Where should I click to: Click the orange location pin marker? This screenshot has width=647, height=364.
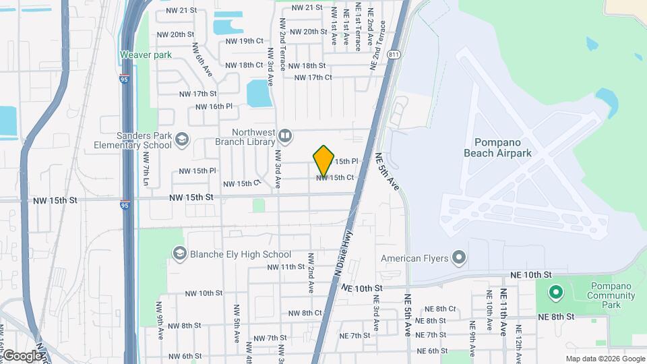pyautogui.click(x=324, y=160)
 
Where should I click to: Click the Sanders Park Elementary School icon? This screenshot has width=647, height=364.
pyautogui.click(x=181, y=140)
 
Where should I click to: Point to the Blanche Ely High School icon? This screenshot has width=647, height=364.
pyautogui.click(x=179, y=254)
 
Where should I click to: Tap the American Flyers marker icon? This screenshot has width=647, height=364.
pyautogui.click(x=459, y=257)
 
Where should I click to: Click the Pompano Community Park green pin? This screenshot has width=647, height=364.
pyautogui.click(x=555, y=293)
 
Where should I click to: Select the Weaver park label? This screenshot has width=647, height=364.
pyautogui.click(x=146, y=55)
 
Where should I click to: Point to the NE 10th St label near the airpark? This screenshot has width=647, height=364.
pyautogui.click(x=531, y=275)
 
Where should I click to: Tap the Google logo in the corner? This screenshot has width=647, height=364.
pyautogui.click(x=22, y=355)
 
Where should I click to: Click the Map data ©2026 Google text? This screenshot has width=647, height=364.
pyautogui.click(x=605, y=359)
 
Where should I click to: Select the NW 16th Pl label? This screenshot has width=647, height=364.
pyautogui.click(x=214, y=107)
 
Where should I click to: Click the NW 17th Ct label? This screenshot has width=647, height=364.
pyautogui.click(x=310, y=78)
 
